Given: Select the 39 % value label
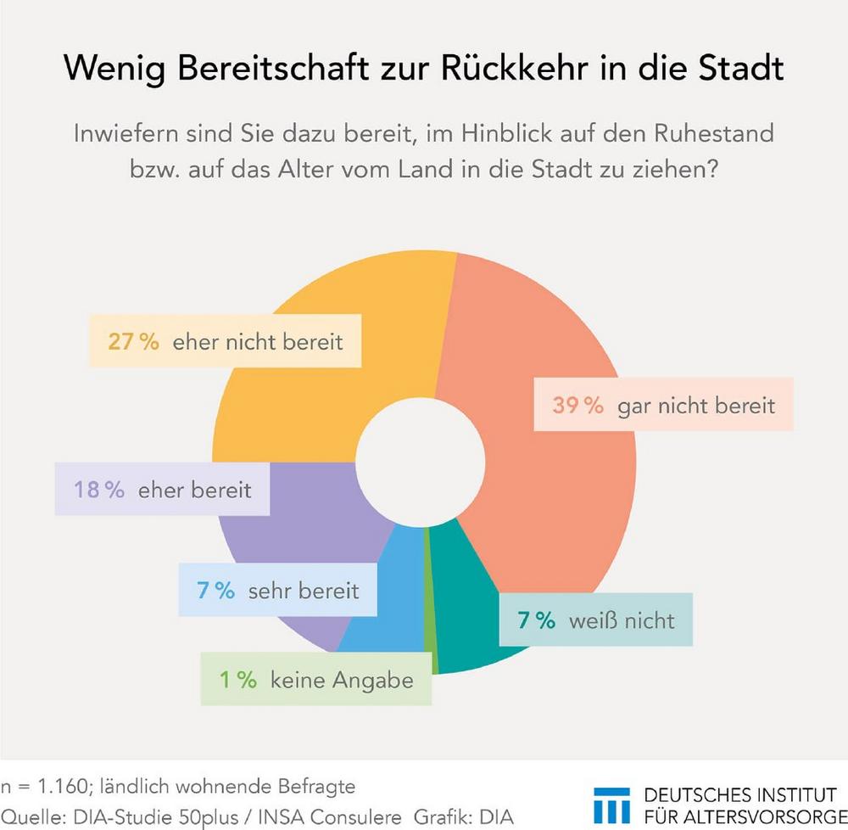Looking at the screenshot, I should pyautogui.click(x=577, y=405).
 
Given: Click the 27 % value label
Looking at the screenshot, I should pyautogui.click(x=133, y=342).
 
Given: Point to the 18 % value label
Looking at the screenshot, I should pyautogui.click(x=100, y=490).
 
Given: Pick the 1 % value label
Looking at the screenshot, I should pyautogui.click(x=237, y=680).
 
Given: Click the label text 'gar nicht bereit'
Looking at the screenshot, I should pyautogui.click(x=696, y=405).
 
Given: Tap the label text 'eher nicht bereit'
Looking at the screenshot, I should pyautogui.click(x=258, y=342).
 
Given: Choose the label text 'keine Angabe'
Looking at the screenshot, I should pyautogui.click(x=342, y=680).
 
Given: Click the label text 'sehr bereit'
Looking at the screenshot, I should pyautogui.click(x=304, y=591).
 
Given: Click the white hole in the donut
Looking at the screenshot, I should pyautogui.click(x=420, y=463).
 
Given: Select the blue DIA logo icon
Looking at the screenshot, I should pyautogui.click(x=611, y=805).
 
